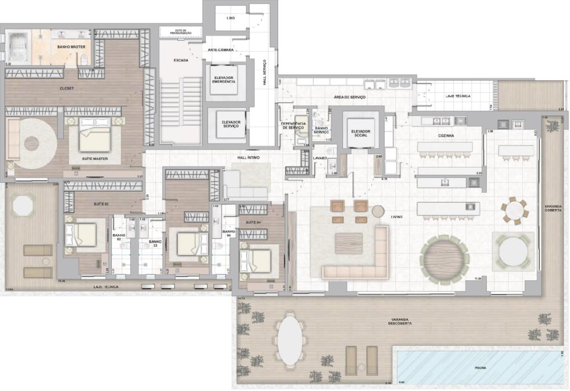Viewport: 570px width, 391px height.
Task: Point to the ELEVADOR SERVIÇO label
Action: tap(227, 124)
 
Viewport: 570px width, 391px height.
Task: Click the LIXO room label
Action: tap(230, 18)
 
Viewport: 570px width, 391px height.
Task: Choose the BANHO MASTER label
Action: tap(71, 47)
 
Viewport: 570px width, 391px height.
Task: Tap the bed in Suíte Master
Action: tap(94, 135)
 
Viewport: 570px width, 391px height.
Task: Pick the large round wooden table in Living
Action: tap(445, 258)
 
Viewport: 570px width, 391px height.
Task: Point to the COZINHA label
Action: tap(446, 136)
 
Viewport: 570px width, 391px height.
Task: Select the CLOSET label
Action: tap(67, 88)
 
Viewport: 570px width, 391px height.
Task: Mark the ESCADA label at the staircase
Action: tap(181, 60)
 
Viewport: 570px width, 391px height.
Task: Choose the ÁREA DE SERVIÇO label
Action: tap(350, 97)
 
